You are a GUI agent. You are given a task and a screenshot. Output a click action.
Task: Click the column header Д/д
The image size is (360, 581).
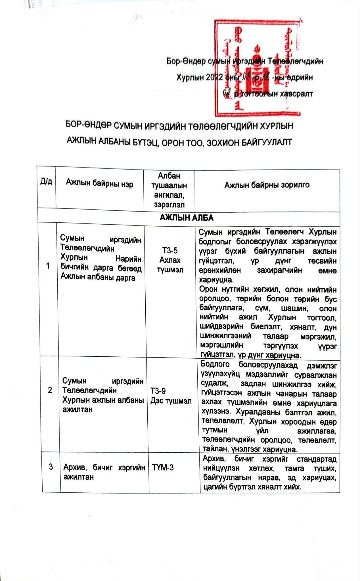pyautogui.click(x=46, y=182)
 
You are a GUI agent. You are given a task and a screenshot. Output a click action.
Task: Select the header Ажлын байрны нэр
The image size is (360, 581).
pyautogui.click(x=99, y=184)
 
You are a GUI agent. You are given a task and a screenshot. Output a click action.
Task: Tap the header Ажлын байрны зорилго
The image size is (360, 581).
pyautogui.click(x=267, y=185)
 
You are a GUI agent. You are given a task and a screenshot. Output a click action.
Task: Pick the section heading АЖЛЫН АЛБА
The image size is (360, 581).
pyautogui.click(x=187, y=218)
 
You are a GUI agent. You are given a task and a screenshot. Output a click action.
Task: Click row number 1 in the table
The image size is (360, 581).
pyautogui.click(x=48, y=266)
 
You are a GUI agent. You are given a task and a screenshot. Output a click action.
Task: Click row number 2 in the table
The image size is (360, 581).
pyautogui.click(x=50, y=390)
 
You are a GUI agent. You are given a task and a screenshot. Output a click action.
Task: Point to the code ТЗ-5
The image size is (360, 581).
pyautogui.click(x=170, y=250)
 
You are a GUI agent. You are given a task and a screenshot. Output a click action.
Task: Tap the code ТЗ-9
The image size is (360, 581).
pyautogui.click(x=158, y=391)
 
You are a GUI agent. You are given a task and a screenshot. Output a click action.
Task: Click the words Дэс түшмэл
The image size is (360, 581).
pyautogui.click(x=171, y=401)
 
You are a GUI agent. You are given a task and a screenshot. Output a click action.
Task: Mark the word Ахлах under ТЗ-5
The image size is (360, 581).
pyautogui.click(x=170, y=260)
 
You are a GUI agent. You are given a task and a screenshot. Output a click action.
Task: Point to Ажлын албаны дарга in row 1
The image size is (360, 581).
pyautogui.click(x=98, y=277)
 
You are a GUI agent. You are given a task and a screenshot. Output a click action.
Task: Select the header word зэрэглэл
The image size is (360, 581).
pyautogui.click(x=169, y=204)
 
